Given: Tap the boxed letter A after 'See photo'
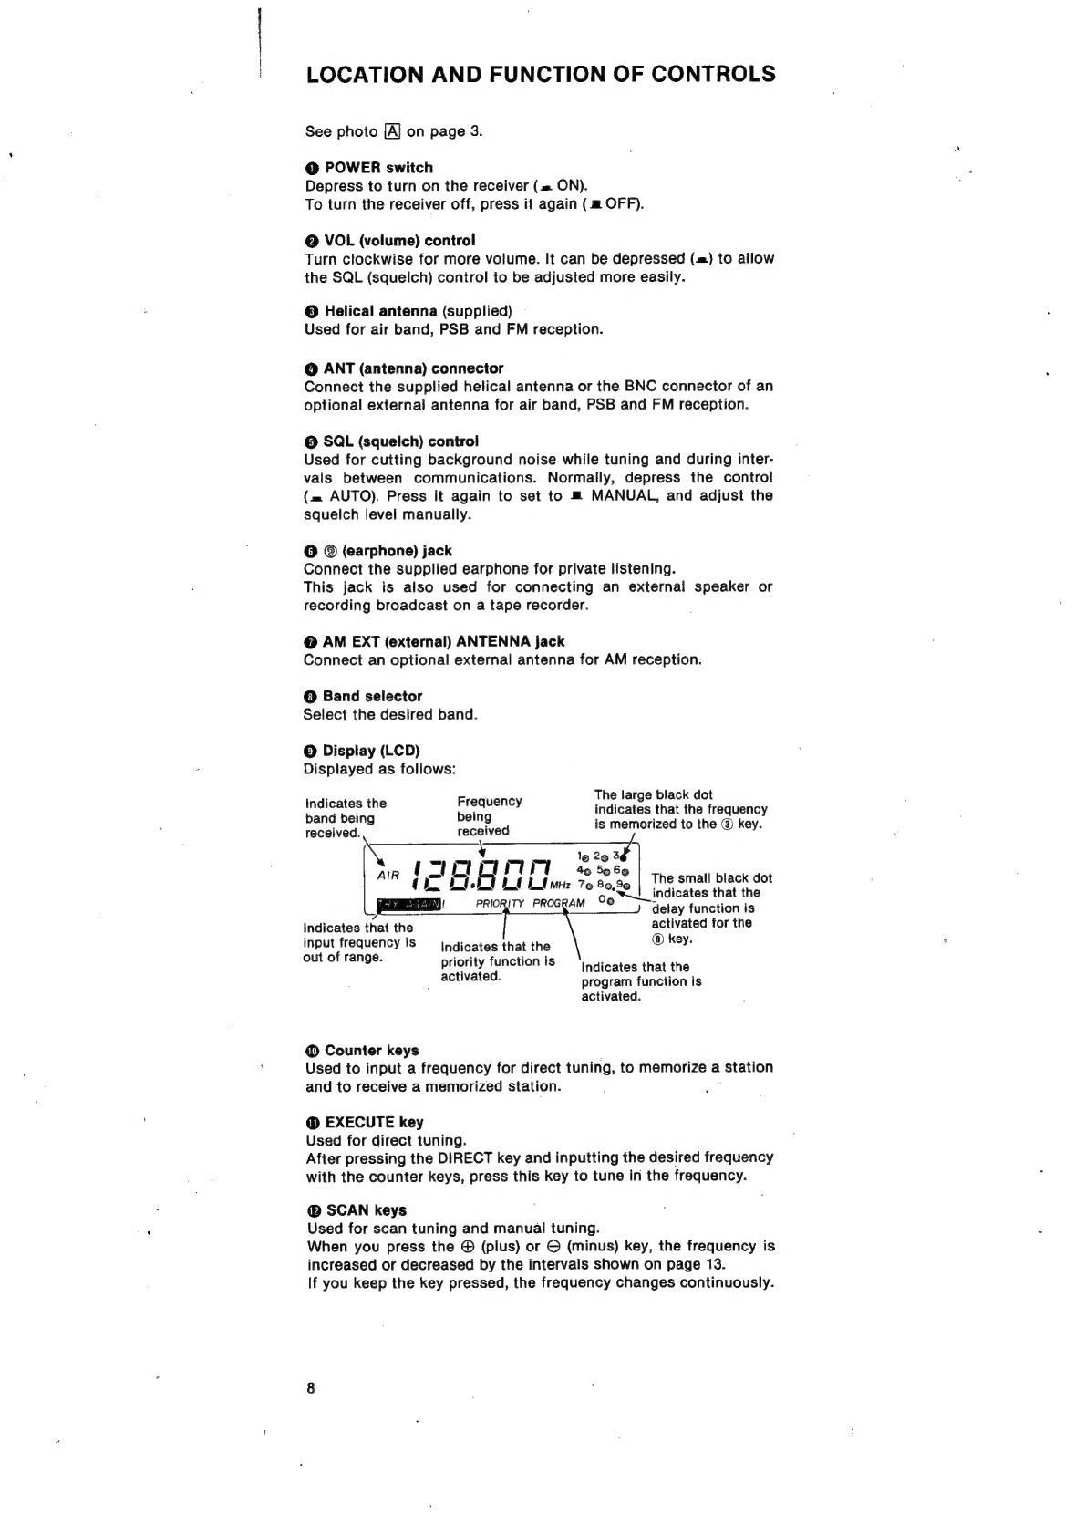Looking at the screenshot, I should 392,131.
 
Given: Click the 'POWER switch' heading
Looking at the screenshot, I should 378,168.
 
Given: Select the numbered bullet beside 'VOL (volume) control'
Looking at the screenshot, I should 312,241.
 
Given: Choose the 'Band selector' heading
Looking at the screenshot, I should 372,697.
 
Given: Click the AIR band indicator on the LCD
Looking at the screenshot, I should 388,876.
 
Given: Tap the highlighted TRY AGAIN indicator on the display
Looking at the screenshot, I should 408,904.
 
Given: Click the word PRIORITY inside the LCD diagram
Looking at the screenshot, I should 501,904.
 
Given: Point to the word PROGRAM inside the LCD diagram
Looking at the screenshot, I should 559,904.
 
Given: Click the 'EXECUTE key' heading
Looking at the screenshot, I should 374,1123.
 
